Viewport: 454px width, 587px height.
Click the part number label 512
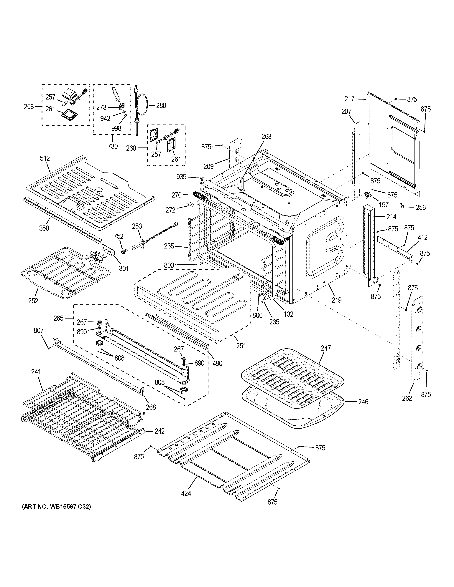[x=45, y=159]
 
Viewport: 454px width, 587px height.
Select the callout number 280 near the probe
[x=161, y=106]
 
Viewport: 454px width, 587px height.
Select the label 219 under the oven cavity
[x=336, y=300]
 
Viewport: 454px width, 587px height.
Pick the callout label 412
[x=422, y=238]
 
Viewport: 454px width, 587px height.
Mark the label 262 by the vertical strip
[x=407, y=399]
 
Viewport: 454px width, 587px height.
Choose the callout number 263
[x=266, y=137]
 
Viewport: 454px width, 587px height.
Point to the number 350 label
[x=44, y=228]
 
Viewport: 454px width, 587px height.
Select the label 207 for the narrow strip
[x=346, y=111]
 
